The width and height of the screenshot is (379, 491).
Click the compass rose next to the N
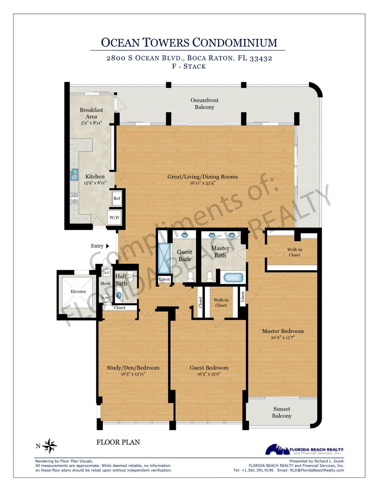(50, 446)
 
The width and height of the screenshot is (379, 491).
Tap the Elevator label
(78, 292)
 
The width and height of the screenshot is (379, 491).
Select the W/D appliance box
(114, 218)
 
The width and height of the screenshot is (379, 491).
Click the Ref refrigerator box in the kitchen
(117, 199)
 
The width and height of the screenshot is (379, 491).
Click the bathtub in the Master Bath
(233, 277)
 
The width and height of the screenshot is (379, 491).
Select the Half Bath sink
(119, 295)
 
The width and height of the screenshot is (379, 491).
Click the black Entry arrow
(107, 246)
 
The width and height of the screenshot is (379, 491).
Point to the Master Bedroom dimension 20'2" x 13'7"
(282, 337)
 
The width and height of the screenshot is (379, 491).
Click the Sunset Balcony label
(282, 412)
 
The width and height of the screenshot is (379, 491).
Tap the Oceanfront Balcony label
(205, 104)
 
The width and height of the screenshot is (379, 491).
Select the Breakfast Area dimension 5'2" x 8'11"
(91, 123)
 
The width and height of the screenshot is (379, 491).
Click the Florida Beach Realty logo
(304, 449)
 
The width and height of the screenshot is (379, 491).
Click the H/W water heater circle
(105, 298)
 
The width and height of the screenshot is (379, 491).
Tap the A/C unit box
(106, 273)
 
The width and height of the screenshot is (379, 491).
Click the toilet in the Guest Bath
(190, 277)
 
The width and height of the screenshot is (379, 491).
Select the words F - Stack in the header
(189, 66)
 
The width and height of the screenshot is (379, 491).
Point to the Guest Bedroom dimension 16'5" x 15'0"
(209, 374)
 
